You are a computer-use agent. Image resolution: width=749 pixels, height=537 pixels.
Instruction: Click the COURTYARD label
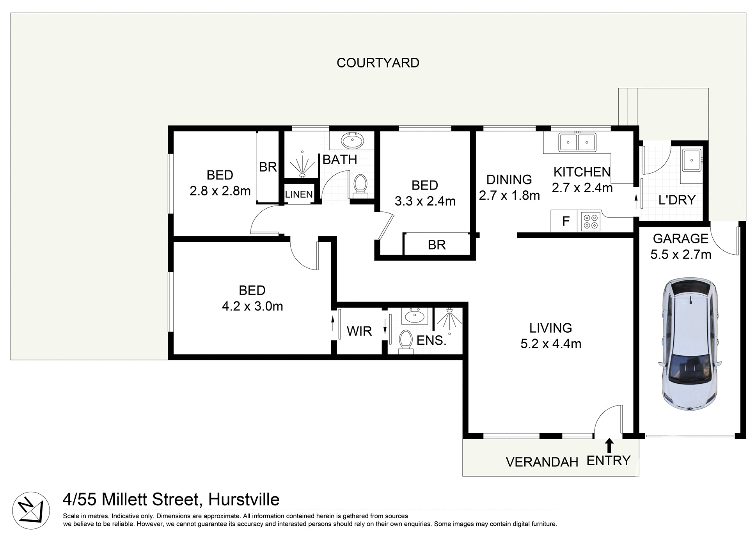tap(378, 63)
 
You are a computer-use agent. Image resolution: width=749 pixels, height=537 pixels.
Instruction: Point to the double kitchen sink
tap(577, 142)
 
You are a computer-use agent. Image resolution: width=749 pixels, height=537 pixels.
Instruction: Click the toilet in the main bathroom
tap(360, 184)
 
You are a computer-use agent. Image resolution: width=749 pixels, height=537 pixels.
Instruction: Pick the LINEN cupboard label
tap(299, 194)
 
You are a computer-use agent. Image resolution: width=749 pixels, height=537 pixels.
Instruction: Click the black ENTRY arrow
tap(609, 445)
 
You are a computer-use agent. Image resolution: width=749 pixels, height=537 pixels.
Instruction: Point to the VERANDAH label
tap(542, 462)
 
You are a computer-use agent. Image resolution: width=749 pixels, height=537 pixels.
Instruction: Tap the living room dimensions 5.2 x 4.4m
tap(551, 344)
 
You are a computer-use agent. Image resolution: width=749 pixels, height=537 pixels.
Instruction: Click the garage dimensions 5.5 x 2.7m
tap(681, 255)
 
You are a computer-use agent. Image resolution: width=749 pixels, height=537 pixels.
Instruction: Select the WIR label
tap(359, 331)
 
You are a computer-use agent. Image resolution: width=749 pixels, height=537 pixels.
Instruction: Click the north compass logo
tap(31, 510)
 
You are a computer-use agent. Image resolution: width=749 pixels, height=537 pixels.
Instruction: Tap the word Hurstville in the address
tap(244, 500)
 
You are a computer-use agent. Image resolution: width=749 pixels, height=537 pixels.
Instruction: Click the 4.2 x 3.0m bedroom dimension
tap(252, 306)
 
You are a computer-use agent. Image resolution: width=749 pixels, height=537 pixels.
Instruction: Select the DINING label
tap(509, 179)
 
